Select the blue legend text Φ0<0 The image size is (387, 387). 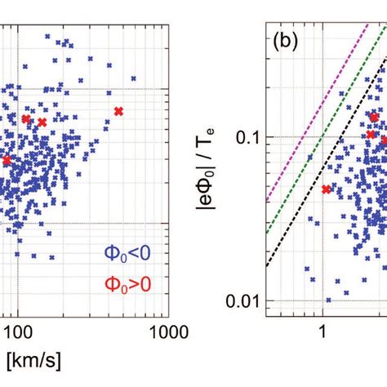(127, 255)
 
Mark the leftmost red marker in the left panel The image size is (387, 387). (7, 160)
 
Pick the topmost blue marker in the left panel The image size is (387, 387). (48, 37)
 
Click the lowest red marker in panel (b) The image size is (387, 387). (327, 189)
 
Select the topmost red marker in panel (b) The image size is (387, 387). (375, 118)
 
